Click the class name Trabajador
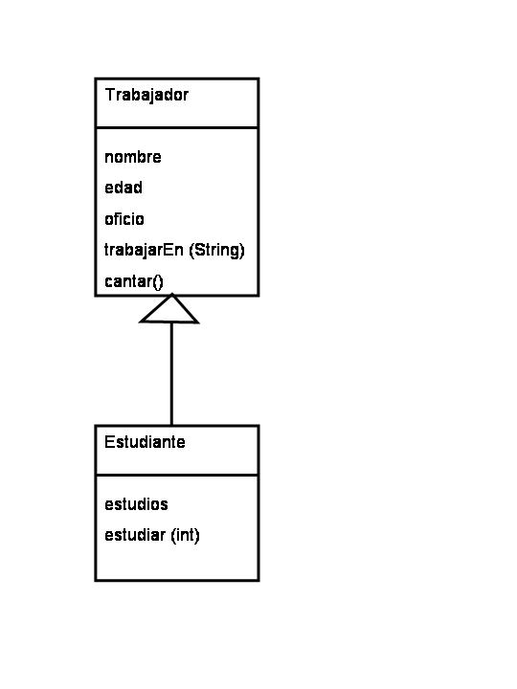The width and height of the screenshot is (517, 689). [x=146, y=96]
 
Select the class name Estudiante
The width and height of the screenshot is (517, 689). [x=145, y=441]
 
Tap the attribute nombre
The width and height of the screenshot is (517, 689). [x=133, y=157]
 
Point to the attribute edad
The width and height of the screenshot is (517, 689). [x=124, y=188]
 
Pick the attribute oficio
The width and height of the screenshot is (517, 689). [x=124, y=218]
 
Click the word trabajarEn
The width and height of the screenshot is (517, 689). [x=144, y=251]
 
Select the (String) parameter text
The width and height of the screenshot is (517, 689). [x=216, y=250]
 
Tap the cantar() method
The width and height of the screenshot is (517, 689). [x=134, y=281]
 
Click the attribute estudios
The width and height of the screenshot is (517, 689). [x=136, y=504]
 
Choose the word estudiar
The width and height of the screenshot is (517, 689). [x=135, y=535]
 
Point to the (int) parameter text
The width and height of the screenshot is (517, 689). [x=185, y=535]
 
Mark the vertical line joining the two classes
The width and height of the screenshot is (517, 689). [x=171, y=374]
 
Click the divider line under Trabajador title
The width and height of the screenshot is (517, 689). [x=177, y=128]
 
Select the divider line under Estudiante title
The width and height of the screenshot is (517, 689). [x=177, y=475]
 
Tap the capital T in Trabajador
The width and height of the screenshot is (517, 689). [x=110, y=95]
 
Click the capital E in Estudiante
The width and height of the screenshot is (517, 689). [x=109, y=441]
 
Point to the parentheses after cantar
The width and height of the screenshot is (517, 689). [x=158, y=282]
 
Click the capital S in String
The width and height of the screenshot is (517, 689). [x=199, y=250]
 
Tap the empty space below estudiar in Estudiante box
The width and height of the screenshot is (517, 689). [x=177, y=563]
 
